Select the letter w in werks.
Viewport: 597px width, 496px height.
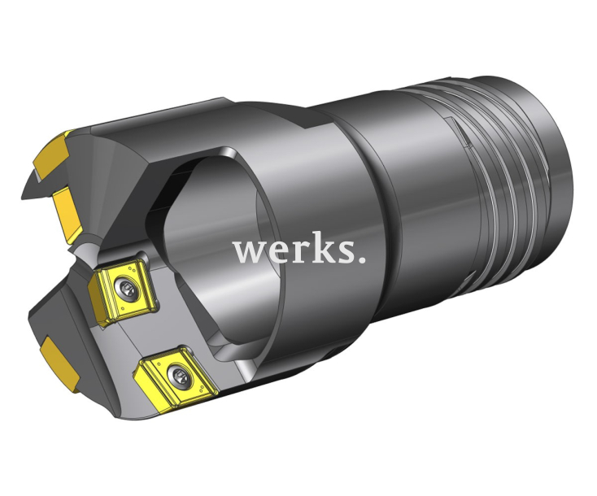[x=248, y=253]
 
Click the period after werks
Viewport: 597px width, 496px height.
[x=360, y=262]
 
